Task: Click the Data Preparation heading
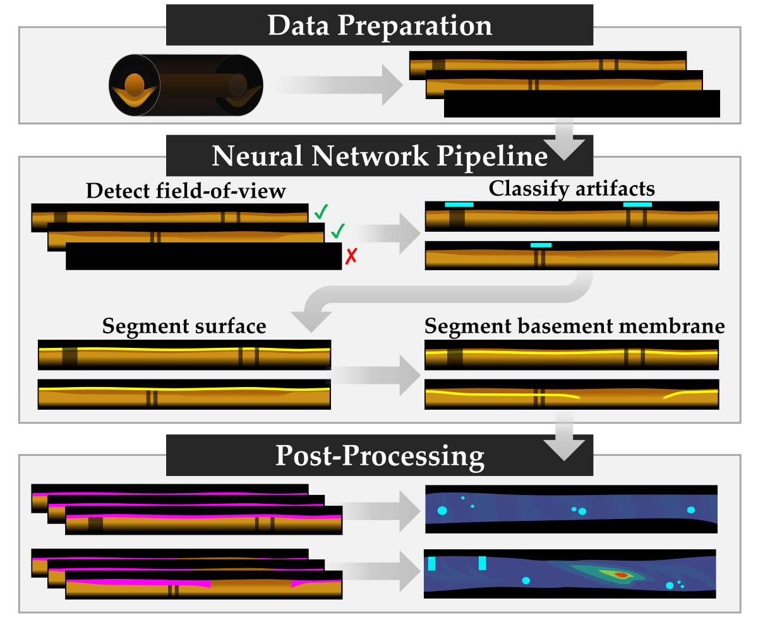(x=379, y=26)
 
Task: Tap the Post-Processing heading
(x=379, y=455)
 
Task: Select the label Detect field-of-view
(x=186, y=191)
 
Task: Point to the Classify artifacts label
(x=572, y=188)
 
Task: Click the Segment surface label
(x=184, y=326)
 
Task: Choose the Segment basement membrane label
(x=574, y=326)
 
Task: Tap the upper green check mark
(x=320, y=213)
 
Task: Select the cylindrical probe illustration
(x=186, y=85)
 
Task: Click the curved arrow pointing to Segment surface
(x=442, y=297)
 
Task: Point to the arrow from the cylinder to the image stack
(x=338, y=85)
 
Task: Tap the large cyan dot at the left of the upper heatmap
(x=442, y=510)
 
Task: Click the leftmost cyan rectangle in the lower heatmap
(x=432, y=564)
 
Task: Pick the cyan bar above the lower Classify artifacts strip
(x=541, y=245)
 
